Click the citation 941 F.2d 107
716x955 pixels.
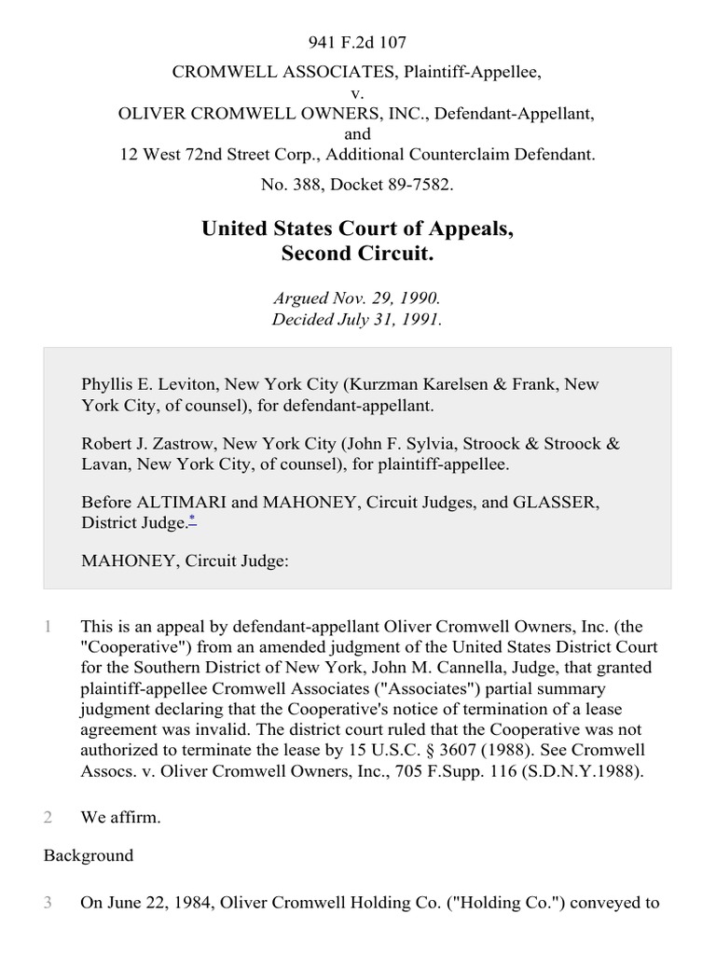[x=357, y=42]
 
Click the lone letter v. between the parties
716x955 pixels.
[x=357, y=94]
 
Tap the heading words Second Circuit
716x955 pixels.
[x=357, y=252]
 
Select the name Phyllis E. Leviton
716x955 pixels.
[x=142, y=384]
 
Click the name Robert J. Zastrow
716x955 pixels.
[x=142, y=443]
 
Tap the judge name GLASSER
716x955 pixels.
[x=553, y=502]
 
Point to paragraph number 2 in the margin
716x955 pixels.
[x=48, y=818]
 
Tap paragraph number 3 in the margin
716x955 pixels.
[x=48, y=902]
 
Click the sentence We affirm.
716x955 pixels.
[x=121, y=818]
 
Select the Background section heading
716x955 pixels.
[x=89, y=855]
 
